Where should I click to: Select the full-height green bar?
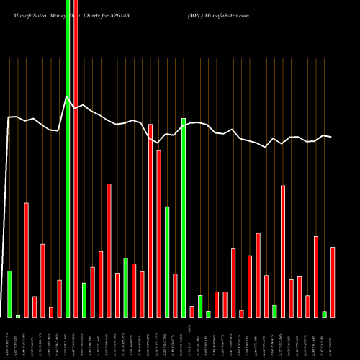pyautogui.click(x=68, y=158)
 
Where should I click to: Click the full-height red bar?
pyautogui.click(x=76, y=158)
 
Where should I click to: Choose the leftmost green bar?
pyautogui.click(x=9, y=294)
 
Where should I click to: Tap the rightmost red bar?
pyautogui.click(x=333, y=282)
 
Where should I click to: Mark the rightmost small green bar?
pyautogui.click(x=324, y=314)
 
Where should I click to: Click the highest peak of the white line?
pyautogui.click(x=67, y=97)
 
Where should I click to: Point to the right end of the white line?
pyautogui.click(x=332, y=137)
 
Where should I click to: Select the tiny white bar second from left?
pyautogui.click(x=18, y=316)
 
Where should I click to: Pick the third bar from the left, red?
pyautogui.click(x=26, y=259)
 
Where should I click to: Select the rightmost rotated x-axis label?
pyautogui.click(x=333, y=338)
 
